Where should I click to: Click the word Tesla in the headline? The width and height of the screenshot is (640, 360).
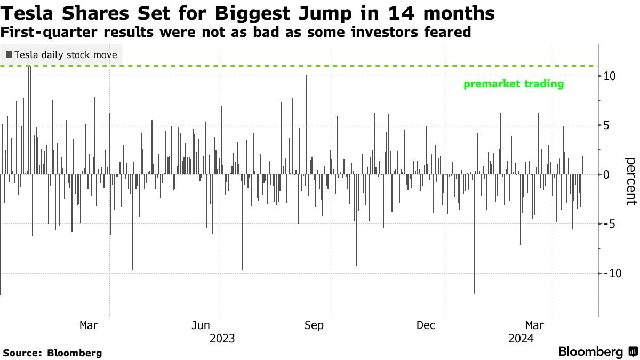26,12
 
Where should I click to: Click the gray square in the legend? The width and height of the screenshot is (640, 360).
9,55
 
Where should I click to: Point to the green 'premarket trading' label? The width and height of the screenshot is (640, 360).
514,84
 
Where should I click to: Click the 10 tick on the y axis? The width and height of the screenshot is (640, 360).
610,76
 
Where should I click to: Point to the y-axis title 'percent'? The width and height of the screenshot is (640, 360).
631,181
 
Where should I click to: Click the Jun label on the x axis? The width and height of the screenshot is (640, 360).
201,325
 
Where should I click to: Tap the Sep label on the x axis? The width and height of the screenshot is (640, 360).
314,325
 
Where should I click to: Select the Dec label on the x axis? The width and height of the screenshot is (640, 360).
427,325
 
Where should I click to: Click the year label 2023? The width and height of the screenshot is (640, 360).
222,339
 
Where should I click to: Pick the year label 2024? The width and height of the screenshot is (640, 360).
521,339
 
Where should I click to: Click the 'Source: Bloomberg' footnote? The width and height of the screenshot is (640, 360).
52,353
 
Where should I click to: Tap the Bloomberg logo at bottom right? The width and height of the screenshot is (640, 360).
597,352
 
